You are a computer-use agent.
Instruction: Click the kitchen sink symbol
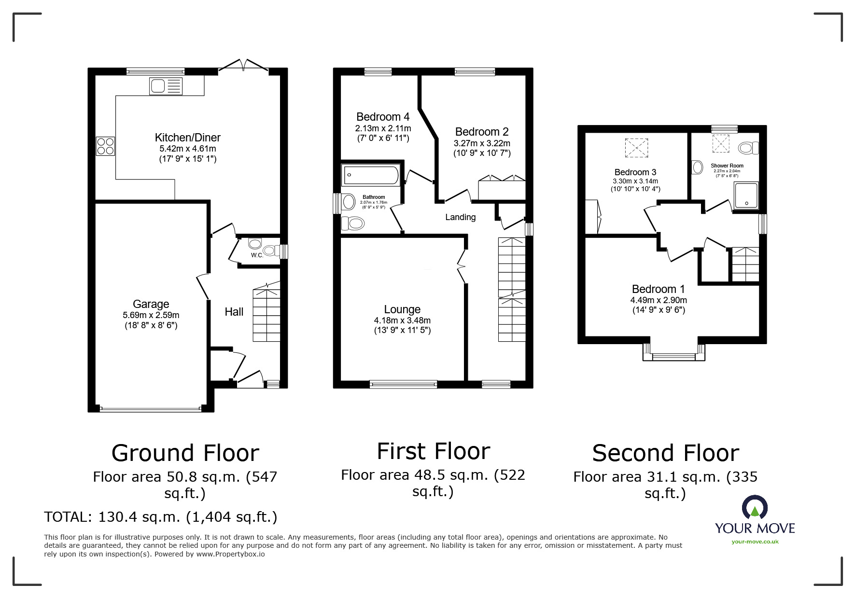point(166,86)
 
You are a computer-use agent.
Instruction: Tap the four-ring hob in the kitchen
point(106,146)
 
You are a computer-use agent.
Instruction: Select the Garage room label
point(151,304)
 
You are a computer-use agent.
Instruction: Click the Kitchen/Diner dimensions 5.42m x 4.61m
point(187,149)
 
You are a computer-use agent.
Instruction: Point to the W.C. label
point(257,255)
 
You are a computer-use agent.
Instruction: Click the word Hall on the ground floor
point(234,312)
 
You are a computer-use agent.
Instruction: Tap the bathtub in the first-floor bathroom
point(371,175)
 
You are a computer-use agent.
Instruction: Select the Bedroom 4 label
point(383,117)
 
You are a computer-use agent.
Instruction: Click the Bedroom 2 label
point(482,132)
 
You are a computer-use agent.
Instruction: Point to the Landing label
point(460,217)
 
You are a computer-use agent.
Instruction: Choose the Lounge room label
point(402,309)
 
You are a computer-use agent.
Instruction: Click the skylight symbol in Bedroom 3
point(636,148)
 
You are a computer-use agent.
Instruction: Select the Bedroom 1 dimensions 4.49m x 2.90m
point(659,300)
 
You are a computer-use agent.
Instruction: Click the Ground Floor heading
point(185,453)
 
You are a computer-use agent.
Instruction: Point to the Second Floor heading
point(666,453)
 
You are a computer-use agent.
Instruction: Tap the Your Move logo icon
point(755,507)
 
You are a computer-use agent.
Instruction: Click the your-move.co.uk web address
point(755,542)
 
